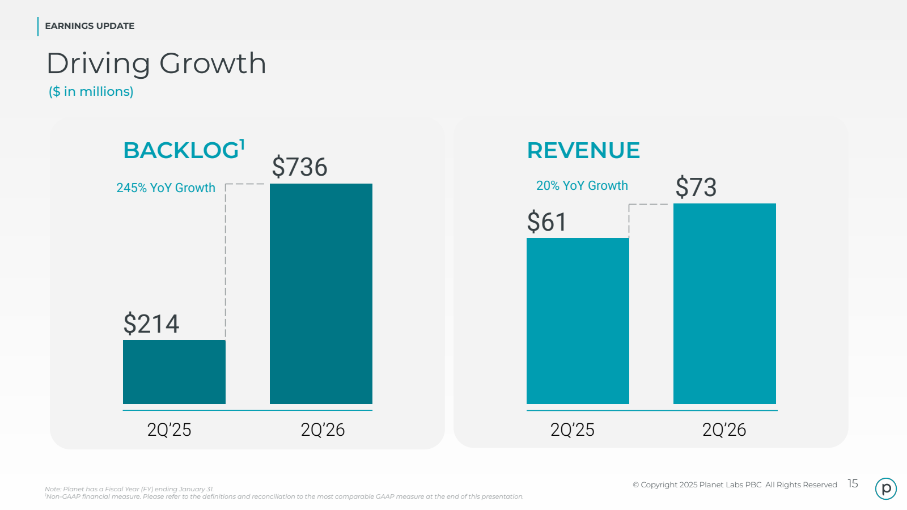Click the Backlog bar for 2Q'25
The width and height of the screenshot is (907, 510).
(174, 372)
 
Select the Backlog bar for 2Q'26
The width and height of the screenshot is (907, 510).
(321, 294)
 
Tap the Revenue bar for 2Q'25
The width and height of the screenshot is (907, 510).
(578, 321)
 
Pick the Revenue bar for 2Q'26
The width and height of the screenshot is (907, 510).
(724, 304)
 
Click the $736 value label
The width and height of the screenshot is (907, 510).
(299, 167)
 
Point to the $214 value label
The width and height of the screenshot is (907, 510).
(151, 324)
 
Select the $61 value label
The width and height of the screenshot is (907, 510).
(546, 222)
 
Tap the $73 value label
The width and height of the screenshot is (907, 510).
(696, 187)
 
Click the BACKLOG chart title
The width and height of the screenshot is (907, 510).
(181, 151)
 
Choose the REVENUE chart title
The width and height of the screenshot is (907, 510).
(583, 151)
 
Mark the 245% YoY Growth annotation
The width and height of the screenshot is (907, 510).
(166, 188)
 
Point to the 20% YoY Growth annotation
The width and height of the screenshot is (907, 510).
(582, 186)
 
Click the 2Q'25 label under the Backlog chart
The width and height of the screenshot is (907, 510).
(169, 430)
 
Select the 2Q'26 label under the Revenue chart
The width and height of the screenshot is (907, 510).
(724, 430)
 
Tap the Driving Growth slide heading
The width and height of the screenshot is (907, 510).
(156, 63)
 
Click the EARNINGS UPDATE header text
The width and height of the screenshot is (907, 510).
(90, 26)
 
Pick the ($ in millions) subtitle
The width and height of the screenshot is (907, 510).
(91, 92)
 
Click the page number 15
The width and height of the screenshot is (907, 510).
(853, 484)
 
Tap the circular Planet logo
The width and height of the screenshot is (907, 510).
(886, 488)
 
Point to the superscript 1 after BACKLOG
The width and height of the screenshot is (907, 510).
(242, 144)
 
